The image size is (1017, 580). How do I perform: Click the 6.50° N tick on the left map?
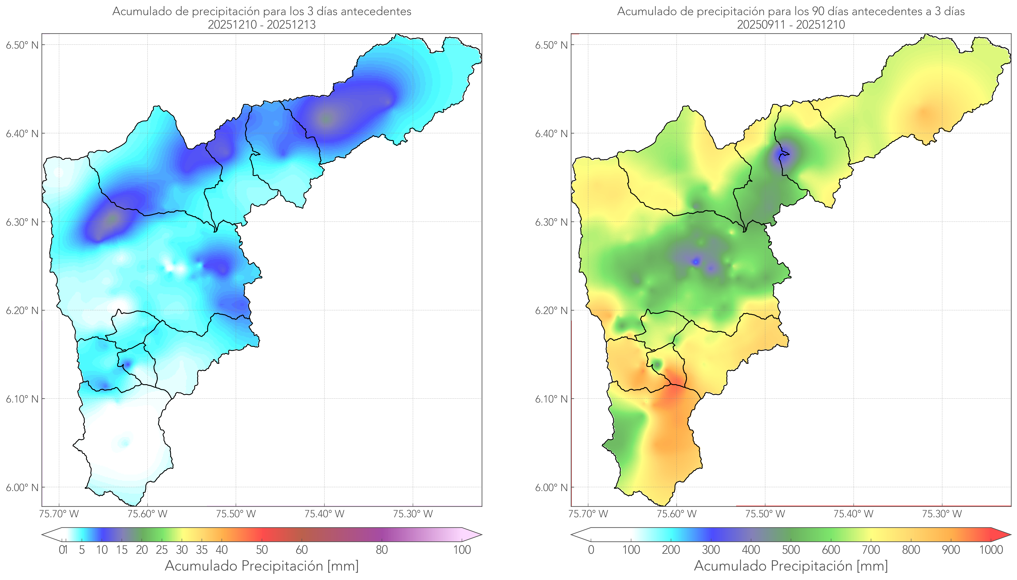[x=22, y=45]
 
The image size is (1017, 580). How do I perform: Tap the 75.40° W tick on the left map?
[x=324, y=514]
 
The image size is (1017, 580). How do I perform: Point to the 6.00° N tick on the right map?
[x=551, y=488]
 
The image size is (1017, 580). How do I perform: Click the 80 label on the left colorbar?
[x=381, y=550]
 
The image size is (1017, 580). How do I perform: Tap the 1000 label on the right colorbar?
[x=991, y=550]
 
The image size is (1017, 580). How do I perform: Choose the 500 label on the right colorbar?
[x=791, y=550]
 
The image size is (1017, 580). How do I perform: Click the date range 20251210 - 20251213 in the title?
[x=262, y=25]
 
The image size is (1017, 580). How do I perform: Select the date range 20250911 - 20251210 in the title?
[x=791, y=25]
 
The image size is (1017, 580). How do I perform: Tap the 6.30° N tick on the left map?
[x=22, y=222]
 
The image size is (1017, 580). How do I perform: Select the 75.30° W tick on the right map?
[x=942, y=514]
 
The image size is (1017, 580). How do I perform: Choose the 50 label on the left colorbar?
[x=262, y=550]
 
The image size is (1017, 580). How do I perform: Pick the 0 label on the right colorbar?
[x=591, y=550]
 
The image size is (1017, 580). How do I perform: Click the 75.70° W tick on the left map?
[x=59, y=514]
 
